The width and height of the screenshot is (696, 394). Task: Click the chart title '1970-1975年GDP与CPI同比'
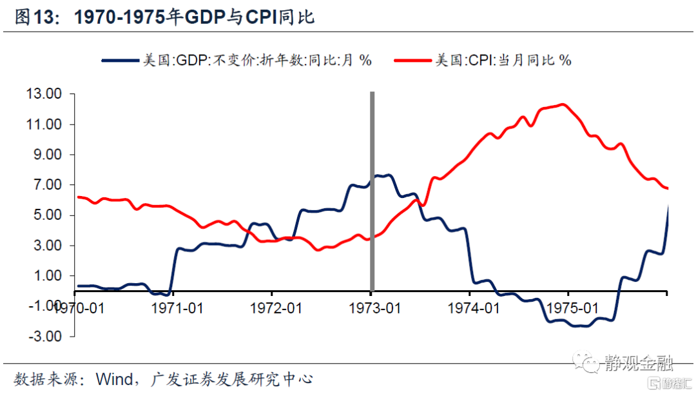tap(194, 17)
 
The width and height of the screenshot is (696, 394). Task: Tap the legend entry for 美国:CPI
tap(503, 60)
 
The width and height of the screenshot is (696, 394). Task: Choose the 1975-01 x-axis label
tap(569, 308)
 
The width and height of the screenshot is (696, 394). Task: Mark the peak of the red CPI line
tap(563, 104)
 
